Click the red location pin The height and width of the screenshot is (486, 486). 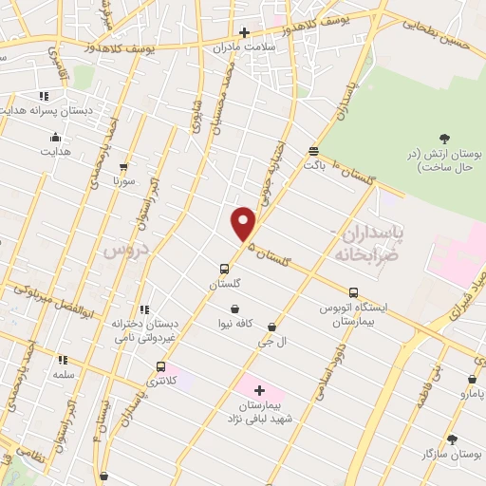244,223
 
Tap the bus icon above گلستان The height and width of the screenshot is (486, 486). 224,269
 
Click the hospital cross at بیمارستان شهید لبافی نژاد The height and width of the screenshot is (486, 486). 259,390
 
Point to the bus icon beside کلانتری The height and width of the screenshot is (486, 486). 160,366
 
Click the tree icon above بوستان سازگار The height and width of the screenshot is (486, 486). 451,439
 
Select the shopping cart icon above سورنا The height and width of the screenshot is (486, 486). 123,165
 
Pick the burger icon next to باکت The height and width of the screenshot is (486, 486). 313,151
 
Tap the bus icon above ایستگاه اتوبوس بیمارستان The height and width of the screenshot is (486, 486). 353,292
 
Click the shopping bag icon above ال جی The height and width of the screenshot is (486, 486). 272,327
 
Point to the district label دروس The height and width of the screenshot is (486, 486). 115,251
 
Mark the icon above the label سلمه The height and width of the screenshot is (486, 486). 63,360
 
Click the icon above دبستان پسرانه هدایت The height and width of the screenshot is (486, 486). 44,96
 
